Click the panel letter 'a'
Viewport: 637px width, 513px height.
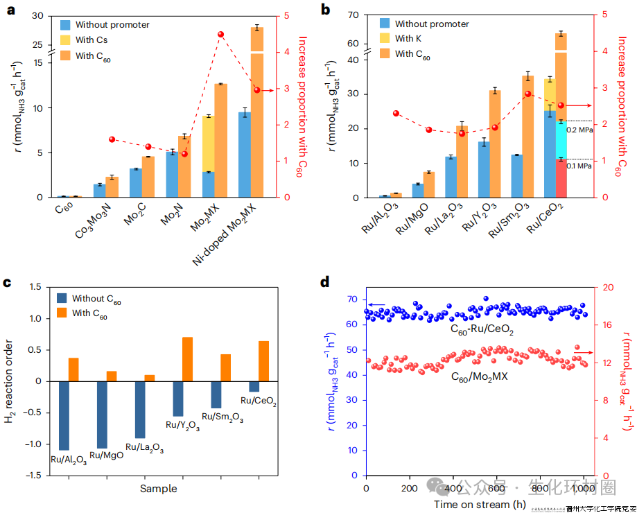click(x=10, y=10)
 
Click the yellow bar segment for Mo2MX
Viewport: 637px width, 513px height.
click(x=208, y=144)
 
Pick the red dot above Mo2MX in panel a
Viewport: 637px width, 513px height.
click(x=220, y=34)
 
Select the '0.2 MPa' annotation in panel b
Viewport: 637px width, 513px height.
click(x=579, y=129)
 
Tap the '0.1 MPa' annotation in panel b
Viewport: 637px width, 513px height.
click(x=579, y=166)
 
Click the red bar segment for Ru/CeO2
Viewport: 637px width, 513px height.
click(x=560, y=178)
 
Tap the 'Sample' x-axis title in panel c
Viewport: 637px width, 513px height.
click(x=159, y=489)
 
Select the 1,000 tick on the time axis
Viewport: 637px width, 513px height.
click(x=582, y=488)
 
